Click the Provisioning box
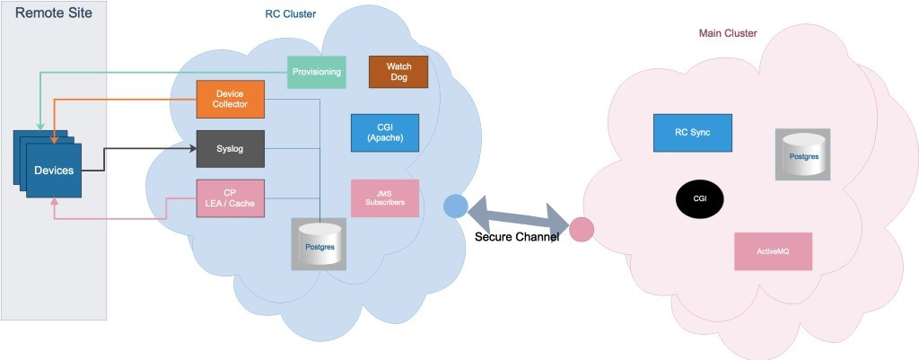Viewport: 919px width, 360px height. (x=317, y=72)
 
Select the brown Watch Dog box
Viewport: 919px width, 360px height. (x=398, y=72)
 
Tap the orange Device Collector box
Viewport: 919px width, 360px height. (x=230, y=99)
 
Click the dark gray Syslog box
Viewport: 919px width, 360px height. (x=230, y=148)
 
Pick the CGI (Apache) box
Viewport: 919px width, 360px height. (x=385, y=132)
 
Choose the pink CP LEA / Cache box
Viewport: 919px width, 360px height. (x=230, y=197)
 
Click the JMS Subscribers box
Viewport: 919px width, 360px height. (x=385, y=198)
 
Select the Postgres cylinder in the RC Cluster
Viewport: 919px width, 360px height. (x=319, y=244)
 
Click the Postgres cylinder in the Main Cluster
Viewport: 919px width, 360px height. (x=802, y=154)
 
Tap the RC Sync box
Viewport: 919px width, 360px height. (x=692, y=133)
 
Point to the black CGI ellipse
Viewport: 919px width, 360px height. (x=700, y=198)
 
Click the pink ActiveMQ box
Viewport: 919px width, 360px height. (x=773, y=251)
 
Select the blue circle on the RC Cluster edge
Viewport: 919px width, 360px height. (x=456, y=206)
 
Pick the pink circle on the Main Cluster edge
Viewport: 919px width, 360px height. (x=582, y=230)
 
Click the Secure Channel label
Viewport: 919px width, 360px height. (x=516, y=237)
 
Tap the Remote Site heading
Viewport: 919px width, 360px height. (x=54, y=13)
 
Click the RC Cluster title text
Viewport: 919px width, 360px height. (x=290, y=15)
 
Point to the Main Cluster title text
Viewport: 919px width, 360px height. (x=727, y=33)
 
